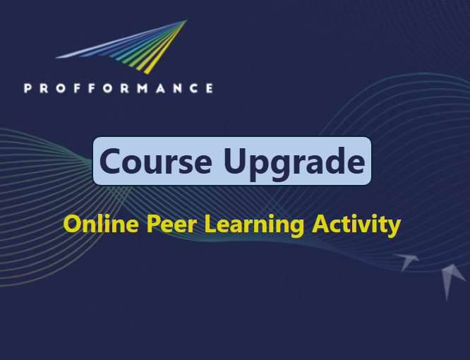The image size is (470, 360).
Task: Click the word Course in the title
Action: pyautogui.click(x=155, y=161)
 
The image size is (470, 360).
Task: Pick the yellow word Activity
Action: pyautogui.click(x=356, y=224)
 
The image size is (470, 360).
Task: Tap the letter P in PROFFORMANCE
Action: pyautogui.click(x=28, y=88)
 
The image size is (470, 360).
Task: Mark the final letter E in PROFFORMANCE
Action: pyautogui.click(x=208, y=88)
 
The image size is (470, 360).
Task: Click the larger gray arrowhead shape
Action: pyautogui.click(x=452, y=279)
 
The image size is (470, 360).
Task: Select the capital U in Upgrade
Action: pyautogui.click(x=236, y=161)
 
